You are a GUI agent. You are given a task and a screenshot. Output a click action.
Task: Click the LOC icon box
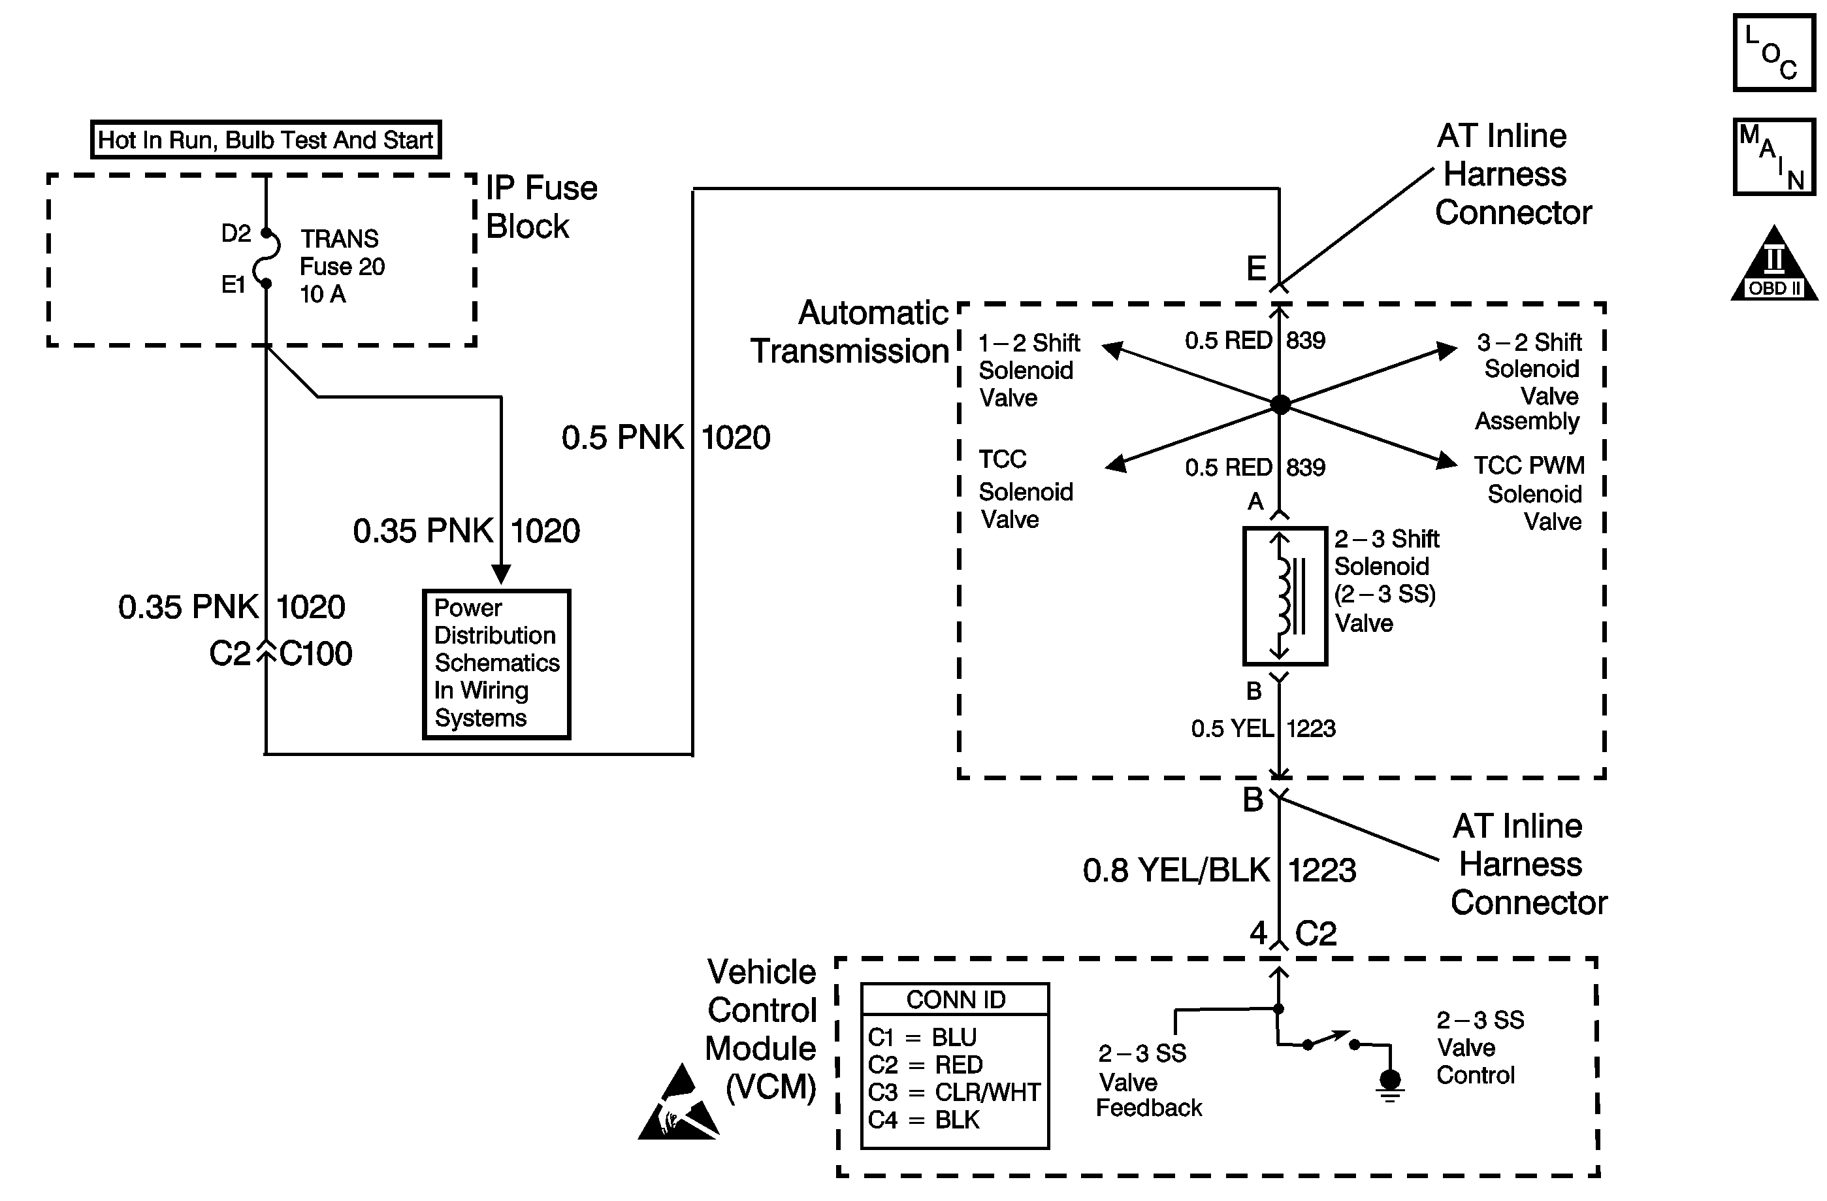point(1773,53)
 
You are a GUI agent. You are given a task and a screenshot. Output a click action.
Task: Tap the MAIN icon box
point(1773,157)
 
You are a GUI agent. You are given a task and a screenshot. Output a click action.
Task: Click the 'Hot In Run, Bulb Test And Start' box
point(266,140)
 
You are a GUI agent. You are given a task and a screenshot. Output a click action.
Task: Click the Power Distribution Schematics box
point(496,663)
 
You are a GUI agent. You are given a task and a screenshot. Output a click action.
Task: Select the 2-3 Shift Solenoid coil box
point(1284,595)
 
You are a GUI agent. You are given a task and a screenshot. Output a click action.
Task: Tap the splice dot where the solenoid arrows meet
point(1280,404)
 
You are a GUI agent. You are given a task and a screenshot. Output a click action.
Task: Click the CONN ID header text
point(955,1000)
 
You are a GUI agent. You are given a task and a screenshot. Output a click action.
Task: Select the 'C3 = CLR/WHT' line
point(954,1092)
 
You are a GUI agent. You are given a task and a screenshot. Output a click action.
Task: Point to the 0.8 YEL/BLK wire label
point(1175,870)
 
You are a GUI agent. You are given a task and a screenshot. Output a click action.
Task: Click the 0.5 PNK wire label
point(622,438)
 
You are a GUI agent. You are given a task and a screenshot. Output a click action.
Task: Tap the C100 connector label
point(315,653)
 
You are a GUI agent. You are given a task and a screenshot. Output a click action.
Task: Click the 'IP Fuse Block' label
point(542,206)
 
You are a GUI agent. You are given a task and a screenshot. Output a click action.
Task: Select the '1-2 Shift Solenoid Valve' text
point(1029,370)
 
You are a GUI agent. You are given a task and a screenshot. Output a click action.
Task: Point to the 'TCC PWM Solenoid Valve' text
point(1529,493)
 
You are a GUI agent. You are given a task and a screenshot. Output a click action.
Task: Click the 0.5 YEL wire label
point(1231,728)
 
